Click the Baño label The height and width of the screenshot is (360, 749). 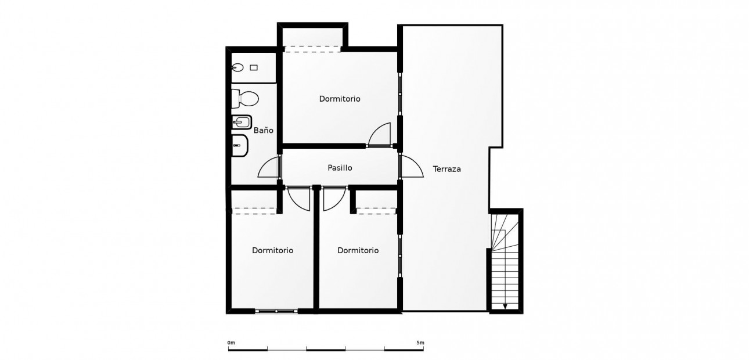(x=264, y=131)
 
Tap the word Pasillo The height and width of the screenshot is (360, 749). (x=340, y=168)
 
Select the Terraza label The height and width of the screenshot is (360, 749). (x=446, y=169)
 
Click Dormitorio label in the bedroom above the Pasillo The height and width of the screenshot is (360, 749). (x=340, y=99)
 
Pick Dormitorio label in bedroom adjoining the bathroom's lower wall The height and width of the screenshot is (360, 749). (x=272, y=250)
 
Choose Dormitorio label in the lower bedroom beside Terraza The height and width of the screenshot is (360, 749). (x=358, y=250)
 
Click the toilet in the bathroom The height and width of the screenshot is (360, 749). (x=245, y=99)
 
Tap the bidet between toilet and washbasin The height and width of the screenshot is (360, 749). (x=242, y=123)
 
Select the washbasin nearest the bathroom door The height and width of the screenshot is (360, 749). (x=239, y=145)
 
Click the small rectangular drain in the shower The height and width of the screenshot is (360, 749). (x=254, y=68)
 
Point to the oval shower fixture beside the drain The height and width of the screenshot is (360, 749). (x=237, y=68)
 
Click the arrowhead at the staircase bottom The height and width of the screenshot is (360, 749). (x=505, y=307)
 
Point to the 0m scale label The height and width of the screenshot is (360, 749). (x=231, y=343)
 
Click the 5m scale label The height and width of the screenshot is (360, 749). (x=420, y=343)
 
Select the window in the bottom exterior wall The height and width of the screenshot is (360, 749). (x=276, y=311)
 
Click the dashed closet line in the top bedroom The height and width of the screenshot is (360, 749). (x=312, y=49)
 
